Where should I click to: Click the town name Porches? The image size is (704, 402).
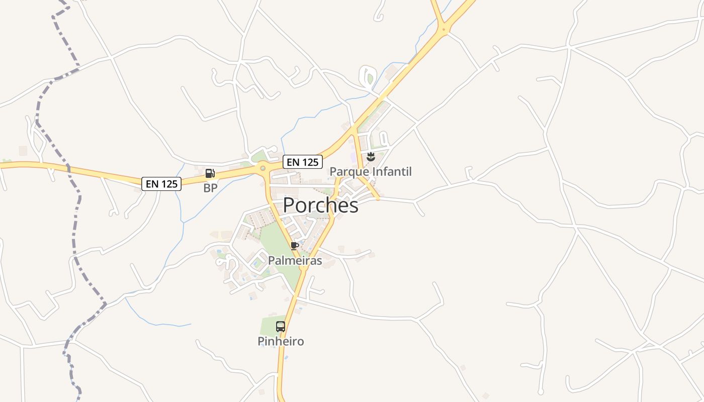click(320, 205)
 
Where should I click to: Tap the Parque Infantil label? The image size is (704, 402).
click(370, 172)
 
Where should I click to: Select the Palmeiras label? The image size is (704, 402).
click(295, 260)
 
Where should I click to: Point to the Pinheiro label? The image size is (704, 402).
click(281, 341)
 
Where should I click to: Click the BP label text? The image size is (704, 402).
click(210, 188)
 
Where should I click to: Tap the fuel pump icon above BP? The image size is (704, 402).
click(210, 174)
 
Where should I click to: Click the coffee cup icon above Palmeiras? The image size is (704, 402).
click(295, 246)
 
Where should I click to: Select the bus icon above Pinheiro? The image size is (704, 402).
click(281, 327)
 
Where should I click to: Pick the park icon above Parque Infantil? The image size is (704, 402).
click(371, 157)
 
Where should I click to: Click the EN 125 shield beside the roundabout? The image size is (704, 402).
click(302, 162)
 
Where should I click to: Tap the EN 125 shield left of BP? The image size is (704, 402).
click(161, 184)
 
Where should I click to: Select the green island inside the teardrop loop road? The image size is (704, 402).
click(370, 78)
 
